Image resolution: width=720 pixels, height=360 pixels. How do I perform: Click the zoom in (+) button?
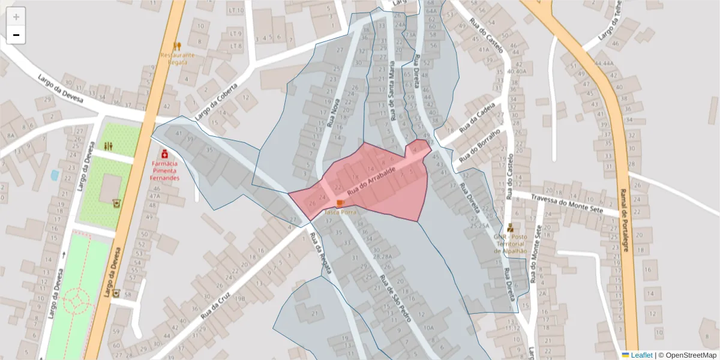click(16, 17)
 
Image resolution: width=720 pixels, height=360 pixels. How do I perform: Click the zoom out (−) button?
click(16, 35)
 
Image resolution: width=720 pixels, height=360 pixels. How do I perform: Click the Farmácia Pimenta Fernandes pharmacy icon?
click(164, 154)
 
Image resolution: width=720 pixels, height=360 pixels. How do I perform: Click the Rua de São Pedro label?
click(395, 298)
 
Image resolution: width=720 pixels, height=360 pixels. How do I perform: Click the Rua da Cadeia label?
click(477, 118)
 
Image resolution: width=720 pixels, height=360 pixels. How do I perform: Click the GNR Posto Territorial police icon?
click(510, 228)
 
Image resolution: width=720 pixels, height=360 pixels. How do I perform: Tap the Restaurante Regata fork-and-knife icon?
click(177, 46)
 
